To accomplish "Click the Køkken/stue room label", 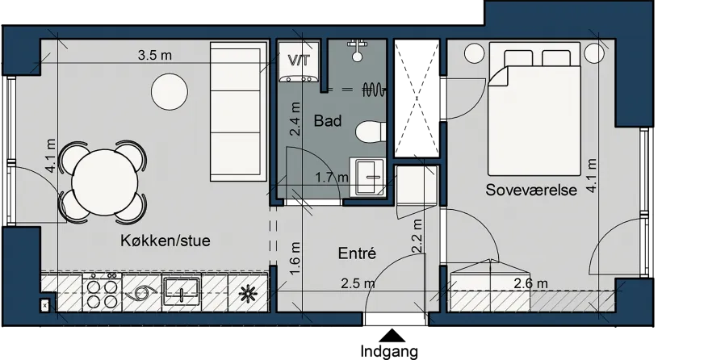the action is (165, 241).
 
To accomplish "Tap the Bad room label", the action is (328, 120).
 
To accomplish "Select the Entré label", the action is (357, 253).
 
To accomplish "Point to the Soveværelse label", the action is (531, 190).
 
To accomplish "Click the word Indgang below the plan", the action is (389, 351).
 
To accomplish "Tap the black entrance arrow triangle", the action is (392, 336).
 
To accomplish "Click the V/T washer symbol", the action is (300, 62).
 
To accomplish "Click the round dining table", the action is (104, 182).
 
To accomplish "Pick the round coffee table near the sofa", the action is (170, 92).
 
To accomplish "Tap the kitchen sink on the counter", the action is (182, 291).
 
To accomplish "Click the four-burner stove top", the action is (102, 292).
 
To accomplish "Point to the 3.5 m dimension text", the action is (155, 56).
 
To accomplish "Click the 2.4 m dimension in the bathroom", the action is (295, 119).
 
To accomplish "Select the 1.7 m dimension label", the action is (332, 177).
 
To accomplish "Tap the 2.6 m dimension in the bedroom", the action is (531, 283).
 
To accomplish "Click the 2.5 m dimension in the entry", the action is (358, 283).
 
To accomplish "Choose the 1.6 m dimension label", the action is (295, 258).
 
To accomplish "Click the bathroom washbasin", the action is (368, 177).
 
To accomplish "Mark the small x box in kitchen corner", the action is (44, 306).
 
